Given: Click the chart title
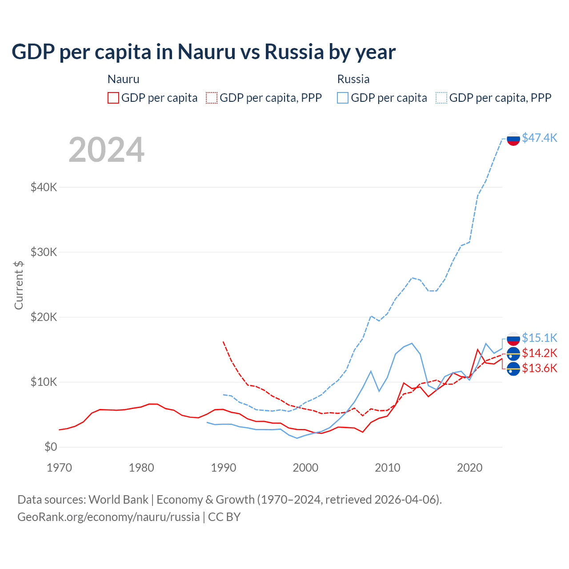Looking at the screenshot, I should tap(204, 52).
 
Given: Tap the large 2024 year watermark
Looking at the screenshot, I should tap(107, 150).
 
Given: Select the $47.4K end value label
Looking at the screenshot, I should tap(539, 138).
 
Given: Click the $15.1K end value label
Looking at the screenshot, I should tap(539, 338).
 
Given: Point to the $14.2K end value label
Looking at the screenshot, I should tap(539, 353).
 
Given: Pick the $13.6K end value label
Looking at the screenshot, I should tap(539, 368).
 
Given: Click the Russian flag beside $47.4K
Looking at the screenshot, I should tap(513, 139).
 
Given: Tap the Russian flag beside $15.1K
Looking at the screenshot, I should tap(513, 339).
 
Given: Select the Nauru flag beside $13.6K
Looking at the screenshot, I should tap(513, 369).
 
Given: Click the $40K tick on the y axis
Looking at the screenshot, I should tap(44, 187).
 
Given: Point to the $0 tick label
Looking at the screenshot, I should tap(51, 447).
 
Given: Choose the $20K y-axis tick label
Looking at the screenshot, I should tap(44, 317).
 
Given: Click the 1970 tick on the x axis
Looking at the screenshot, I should tap(59, 468).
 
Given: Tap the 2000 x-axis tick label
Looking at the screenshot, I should tap(305, 468).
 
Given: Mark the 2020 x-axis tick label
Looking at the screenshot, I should tap(470, 468).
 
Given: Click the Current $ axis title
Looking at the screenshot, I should tap(19, 285).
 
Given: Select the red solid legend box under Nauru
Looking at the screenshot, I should tap(113, 98).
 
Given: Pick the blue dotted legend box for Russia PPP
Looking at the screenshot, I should tap(441, 98).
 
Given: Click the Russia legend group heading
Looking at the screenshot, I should tap(353, 79).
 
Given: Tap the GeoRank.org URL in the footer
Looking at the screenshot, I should tap(108, 517).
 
